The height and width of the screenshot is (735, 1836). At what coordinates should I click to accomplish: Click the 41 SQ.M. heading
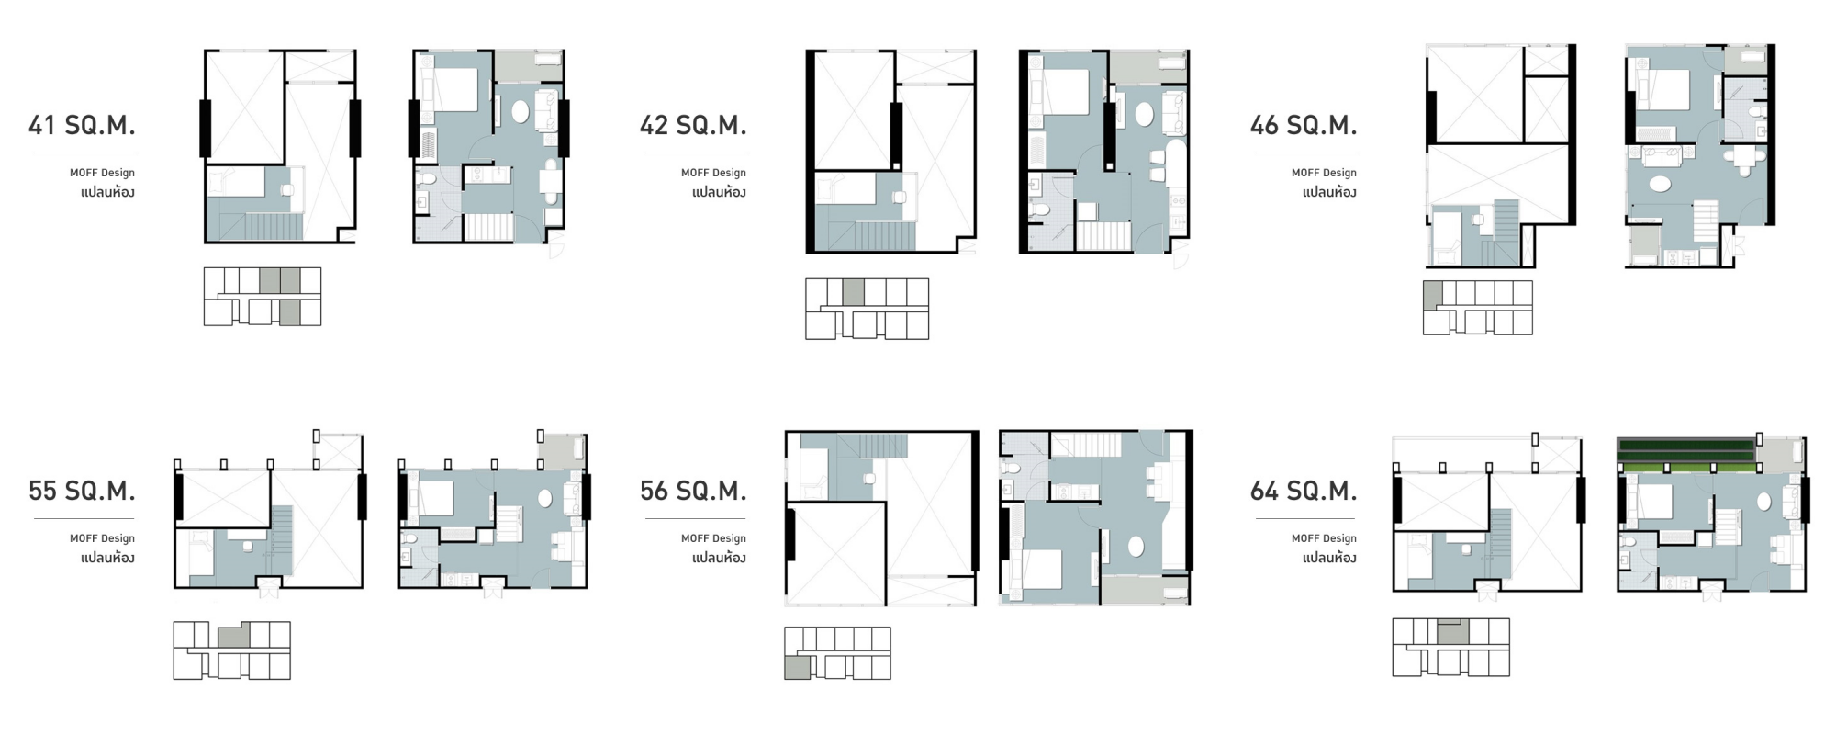click(82, 125)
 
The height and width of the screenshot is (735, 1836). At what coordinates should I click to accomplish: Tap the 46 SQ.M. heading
click(1303, 125)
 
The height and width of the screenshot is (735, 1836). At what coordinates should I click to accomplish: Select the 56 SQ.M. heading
click(693, 492)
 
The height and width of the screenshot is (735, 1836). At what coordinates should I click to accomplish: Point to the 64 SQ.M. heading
click(1303, 492)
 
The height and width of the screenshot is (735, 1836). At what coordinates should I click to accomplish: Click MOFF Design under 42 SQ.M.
click(713, 173)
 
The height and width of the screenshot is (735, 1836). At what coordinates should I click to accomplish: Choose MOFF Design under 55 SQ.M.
click(102, 538)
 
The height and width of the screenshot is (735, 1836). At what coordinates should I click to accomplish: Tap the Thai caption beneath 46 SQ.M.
click(1329, 192)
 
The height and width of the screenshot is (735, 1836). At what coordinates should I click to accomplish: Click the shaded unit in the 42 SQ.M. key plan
click(853, 292)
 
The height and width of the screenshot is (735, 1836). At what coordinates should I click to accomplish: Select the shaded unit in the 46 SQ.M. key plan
click(1433, 295)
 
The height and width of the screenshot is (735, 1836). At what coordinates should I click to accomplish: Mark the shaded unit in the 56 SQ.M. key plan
click(797, 667)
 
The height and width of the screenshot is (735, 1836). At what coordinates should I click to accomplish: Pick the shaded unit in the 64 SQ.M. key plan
click(1452, 631)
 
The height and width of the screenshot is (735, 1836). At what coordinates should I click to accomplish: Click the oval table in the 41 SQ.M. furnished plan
click(520, 113)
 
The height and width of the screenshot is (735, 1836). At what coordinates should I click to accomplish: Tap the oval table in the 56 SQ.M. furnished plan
click(1136, 547)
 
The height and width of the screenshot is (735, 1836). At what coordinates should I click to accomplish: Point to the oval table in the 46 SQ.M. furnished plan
click(1660, 184)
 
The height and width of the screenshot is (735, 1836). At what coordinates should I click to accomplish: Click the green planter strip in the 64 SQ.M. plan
click(1686, 455)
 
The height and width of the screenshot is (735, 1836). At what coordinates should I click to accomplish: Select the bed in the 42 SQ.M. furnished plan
click(1065, 92)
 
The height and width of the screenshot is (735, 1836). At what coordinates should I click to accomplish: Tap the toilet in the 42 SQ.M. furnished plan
click(1040, 210)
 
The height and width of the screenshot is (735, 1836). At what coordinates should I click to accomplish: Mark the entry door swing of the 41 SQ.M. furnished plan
click(554, 245)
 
